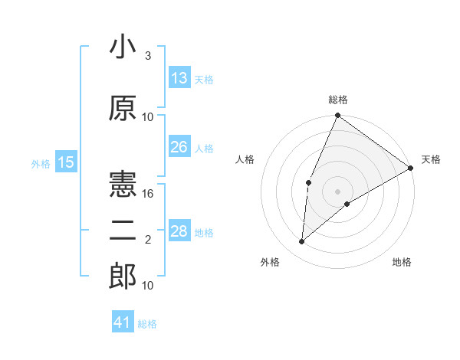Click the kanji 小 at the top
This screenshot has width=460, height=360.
point(123,47)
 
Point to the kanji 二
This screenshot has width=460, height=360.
point(123,233)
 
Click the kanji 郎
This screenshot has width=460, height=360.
point(123,277)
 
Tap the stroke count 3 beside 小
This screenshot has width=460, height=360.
point(148,57)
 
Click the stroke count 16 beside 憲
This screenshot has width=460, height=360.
point(149,194)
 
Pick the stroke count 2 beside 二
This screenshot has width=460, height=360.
point(148,241)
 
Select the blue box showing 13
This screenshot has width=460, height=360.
point(179,78)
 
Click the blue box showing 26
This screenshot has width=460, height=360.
point(179,147)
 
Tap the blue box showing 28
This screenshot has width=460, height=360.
point(179,231)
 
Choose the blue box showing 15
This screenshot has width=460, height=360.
point(66,162)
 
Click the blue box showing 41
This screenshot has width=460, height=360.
point(123,322)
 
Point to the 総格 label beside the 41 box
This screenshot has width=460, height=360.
point(147,324)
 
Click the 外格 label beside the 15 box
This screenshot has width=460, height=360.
point(41,163)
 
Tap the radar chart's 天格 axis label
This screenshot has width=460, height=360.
point(431,159)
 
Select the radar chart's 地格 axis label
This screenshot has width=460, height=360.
point(402,262)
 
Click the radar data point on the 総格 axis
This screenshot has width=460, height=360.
point(337,116)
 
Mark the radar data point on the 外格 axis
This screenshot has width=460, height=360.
point(302,242)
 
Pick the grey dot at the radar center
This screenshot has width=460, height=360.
point(337,190)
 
